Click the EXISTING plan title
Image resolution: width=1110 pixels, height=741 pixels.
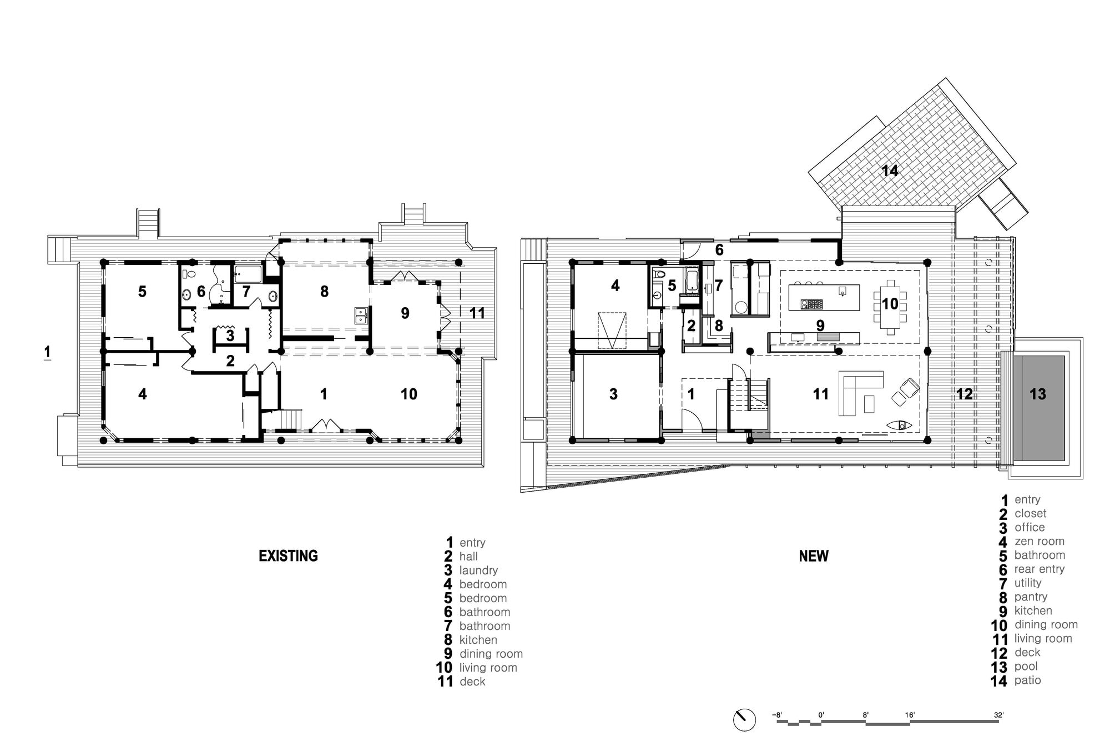(288, 556)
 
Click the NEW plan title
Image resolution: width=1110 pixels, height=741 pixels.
(814, 556)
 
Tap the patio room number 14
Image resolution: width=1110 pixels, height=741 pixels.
(890, 171)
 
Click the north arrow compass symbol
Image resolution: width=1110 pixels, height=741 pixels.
(744, 719)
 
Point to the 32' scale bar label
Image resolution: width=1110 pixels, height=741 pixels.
(998, 715)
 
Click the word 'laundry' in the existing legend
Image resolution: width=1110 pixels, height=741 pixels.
(478, 570)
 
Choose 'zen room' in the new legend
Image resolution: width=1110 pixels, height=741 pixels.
(1039, 541)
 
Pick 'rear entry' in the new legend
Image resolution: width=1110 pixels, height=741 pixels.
(1039, 569)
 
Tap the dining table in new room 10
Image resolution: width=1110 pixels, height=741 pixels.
(890, 307)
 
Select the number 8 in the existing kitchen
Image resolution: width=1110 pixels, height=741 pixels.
(324, 291)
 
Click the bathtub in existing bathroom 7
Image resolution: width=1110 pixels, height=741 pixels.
(248, 274)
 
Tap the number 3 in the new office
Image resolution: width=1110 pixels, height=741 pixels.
(613, 394)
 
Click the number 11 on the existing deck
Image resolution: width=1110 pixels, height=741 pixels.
(477, 313)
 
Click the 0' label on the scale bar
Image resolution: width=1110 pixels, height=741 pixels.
(821, 715)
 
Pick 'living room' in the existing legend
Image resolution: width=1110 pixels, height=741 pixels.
(488, 668)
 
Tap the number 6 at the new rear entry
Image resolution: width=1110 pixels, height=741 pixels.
(719, 250)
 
